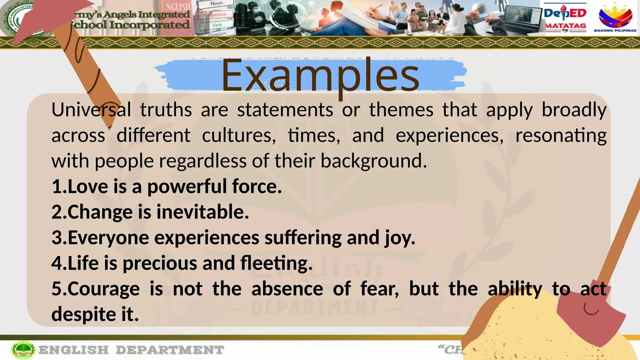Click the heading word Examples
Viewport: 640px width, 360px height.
(x=320, y=76)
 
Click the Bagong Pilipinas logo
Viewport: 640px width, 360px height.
(x=615, y=18)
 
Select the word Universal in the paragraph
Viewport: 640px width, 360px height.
(x=91, y=110)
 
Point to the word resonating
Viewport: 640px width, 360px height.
(x=561, y=136)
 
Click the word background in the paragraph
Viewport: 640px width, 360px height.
(x=373, y=161)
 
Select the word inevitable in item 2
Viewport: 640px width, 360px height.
(x=202, y=212)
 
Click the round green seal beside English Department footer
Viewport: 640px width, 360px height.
(x=23, y=350)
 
